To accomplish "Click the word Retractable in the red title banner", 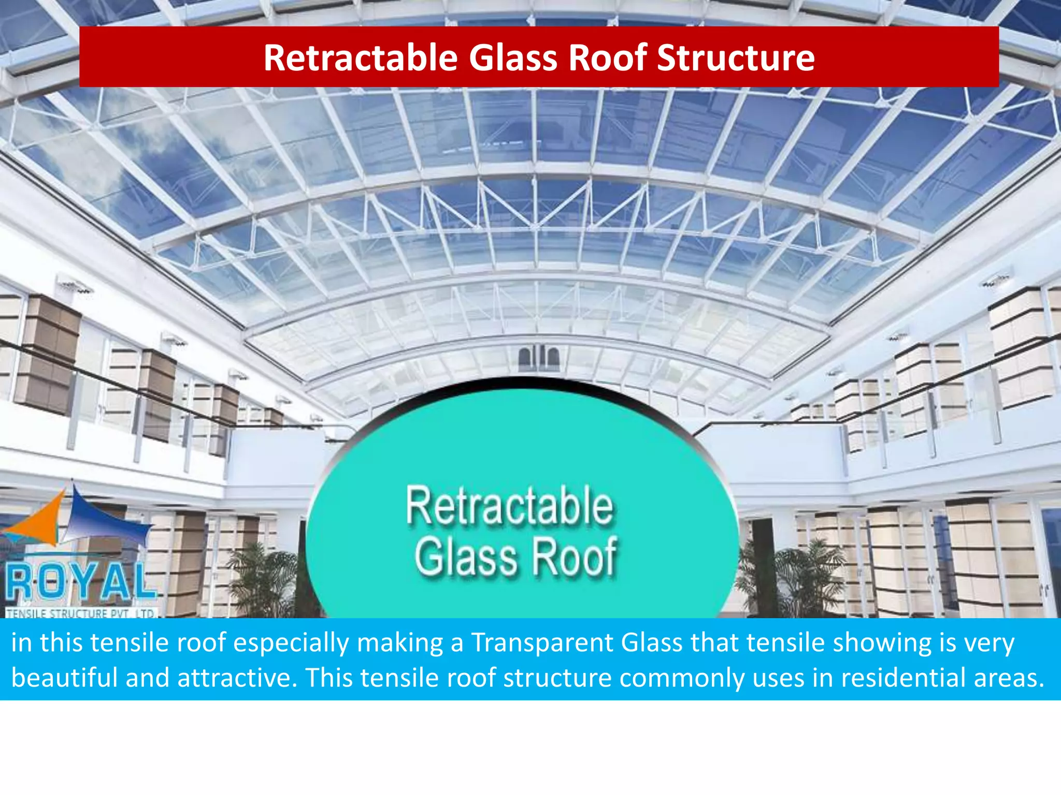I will pyautogui.click(x=360, y=57).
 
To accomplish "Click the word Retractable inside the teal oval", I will pyautogui.click(x=509, y=506).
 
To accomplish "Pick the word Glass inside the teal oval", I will pyautogui.click(x=466, y=557).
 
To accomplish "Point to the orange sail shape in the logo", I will pyautogui.click(x=39, y=520).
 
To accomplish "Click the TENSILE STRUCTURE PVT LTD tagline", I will pyautogui.click(x=80, y=613).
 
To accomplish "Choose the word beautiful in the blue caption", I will pyautogui.click(x=65, y=678).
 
